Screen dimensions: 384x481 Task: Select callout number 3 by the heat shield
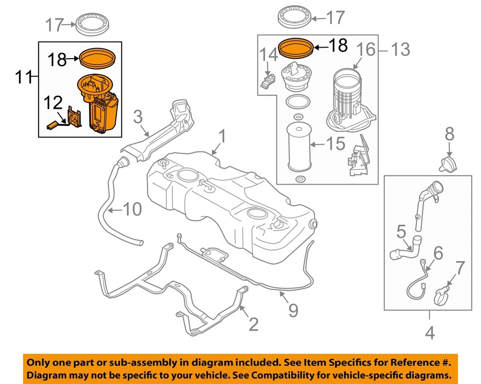pyautogui.click(x=138, y=117)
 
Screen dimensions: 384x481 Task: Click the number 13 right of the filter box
pyautogui.click(x=400, y=49)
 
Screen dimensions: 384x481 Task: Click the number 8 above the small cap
pyautogui.click(x=449, y=134)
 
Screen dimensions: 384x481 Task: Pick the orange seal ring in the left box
pyautogui.click(x=98, y=58)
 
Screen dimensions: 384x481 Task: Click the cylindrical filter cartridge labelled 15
pyautogui.click(x=300, y=143)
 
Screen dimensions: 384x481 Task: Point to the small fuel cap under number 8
pyautogui.click(x=448, y=163)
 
